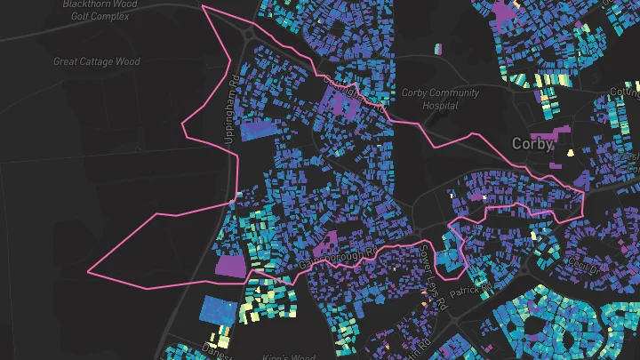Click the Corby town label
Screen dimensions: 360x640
pyautogui.click(x=532, y=143)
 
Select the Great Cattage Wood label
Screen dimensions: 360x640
pyautogui.click(x=97, y=61)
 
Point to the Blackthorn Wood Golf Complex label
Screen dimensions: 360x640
pyautogui.click(x=99, y=10)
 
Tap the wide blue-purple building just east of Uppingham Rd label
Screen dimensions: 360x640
pyautogui.click(x=259, y=130)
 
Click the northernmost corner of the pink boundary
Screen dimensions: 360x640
pyautogui.click(x=204, y=6)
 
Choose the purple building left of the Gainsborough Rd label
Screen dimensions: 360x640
pyautogui.click(x=322, y=241)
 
